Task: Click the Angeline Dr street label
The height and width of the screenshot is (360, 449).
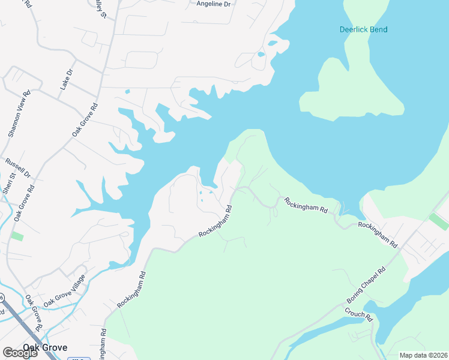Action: coord(214,4)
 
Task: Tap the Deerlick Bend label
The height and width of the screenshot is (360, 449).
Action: coord(363,29)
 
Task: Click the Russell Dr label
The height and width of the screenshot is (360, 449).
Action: coord(17,167)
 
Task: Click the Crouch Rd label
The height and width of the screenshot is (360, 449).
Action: coord(359,315)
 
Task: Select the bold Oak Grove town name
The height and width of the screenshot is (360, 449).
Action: coord(45,347)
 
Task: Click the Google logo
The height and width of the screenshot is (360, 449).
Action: coord(20,353)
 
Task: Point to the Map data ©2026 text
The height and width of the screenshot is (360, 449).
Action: coord(423,355)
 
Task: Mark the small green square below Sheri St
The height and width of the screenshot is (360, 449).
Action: coord(17,236)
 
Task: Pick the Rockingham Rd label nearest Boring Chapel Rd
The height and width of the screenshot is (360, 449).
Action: coord(378,235)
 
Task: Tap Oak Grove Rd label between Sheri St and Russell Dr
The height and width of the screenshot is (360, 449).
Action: coord(26,203)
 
